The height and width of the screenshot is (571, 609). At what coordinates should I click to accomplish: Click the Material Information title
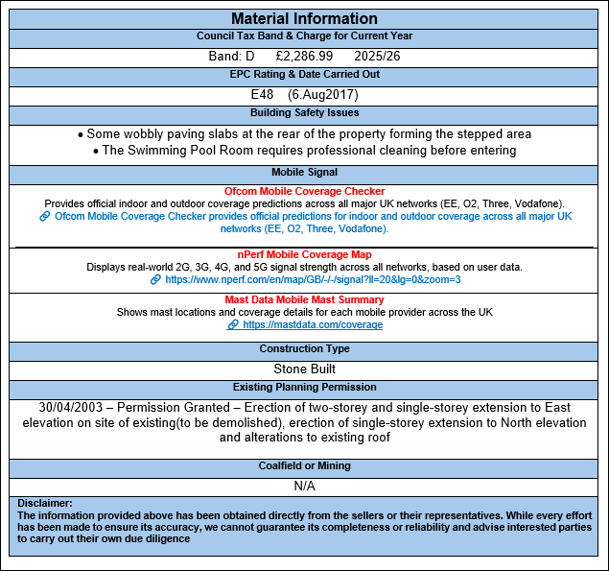point(304,19)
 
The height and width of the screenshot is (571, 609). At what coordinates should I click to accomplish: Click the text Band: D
point(232,57)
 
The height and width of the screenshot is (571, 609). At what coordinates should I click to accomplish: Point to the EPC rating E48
point(264,95)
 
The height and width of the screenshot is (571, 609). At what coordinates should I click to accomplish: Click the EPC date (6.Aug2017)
point(323,95)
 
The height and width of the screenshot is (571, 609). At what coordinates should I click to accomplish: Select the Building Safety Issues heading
point(304,114)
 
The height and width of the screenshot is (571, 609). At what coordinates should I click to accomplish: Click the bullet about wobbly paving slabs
point(304,134)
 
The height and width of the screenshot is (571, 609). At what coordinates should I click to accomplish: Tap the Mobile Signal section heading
point(304,173)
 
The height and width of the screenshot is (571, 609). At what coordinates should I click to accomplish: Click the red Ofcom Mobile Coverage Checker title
point(304,192)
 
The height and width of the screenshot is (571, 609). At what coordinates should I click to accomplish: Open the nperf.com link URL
point(312,279)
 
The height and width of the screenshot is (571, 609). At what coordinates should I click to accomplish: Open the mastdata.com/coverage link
point(313,325)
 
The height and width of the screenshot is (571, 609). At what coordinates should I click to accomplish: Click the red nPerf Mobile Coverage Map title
point(304,254)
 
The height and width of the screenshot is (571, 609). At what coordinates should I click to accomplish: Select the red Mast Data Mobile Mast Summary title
point(304,300)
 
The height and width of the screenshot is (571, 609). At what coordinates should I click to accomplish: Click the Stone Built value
point(304,369)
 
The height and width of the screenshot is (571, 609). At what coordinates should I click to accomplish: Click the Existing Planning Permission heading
point(304,388)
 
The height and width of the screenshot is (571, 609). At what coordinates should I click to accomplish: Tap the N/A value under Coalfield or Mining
point(304,486)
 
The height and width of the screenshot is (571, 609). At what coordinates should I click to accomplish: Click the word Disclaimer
point(44,504)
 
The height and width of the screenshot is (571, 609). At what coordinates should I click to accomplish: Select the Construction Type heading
point(304,349)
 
